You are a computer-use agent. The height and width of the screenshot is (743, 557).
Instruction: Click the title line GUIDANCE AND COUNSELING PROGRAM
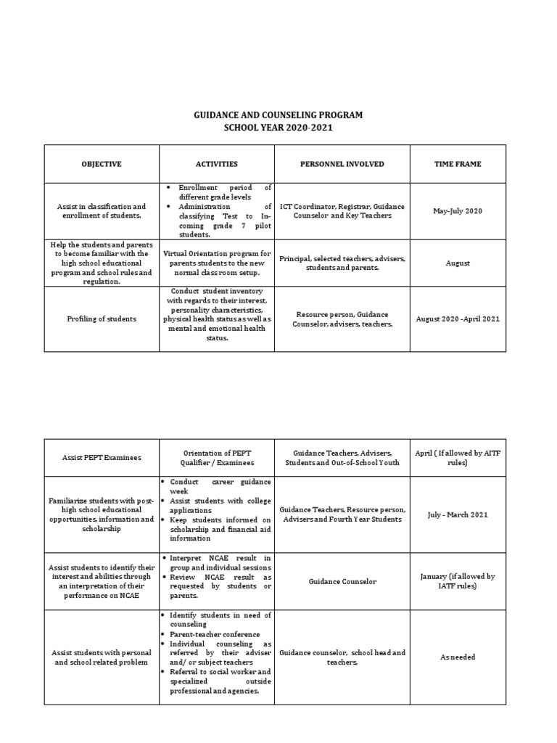coord(278,115)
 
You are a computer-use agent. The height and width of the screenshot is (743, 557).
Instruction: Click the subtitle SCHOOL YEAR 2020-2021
coord(278,128)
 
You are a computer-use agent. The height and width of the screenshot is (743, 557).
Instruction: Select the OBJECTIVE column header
coord(102,164)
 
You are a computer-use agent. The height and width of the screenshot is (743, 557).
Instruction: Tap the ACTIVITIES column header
coord(216,164)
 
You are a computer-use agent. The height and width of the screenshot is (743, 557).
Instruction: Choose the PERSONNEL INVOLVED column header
coord(342,164)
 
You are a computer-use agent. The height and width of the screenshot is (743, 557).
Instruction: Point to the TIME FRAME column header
coord(458,164)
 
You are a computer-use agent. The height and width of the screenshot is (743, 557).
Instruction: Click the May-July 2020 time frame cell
coord(458,211)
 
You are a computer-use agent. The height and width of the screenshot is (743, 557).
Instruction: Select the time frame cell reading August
coord(458,263)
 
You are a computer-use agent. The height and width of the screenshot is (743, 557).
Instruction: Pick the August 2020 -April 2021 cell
coord(458,319)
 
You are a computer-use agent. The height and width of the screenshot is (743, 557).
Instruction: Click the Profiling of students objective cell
coord(102,319)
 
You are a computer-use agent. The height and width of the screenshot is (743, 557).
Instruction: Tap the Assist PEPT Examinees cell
coord(102,458)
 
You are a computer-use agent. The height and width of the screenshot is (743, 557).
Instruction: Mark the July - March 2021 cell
coord(458,514)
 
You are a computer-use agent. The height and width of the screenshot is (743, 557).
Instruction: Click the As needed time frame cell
coord(458,657)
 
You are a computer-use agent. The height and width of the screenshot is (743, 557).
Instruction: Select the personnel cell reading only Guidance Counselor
coord(342,581)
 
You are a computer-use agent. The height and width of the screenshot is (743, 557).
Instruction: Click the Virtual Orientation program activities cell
coord(216,263)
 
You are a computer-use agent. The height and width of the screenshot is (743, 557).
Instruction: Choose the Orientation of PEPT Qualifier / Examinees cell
coord(216,458)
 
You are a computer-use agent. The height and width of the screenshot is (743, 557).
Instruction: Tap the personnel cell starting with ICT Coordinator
coord(342,211)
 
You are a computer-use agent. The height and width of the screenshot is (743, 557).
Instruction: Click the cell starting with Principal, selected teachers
coord(342,263)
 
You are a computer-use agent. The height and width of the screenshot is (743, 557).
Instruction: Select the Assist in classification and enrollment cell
coord(102,211)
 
